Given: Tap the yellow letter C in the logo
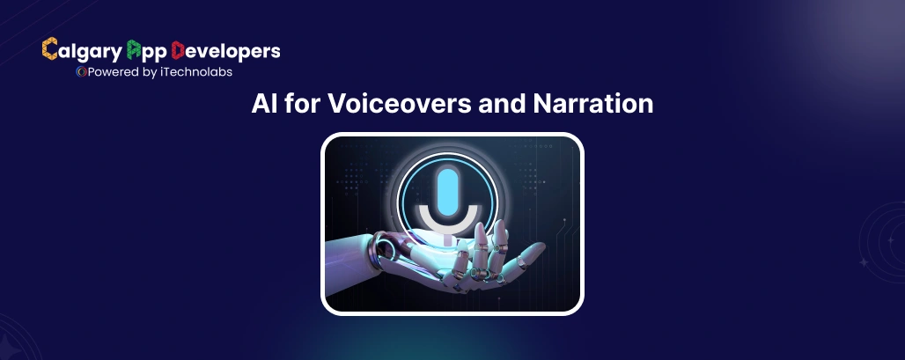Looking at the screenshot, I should coord(50,50).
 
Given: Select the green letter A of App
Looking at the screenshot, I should coord(135,49).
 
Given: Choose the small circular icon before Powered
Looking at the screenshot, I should coord(80,72).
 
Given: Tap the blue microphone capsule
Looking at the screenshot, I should coord(449,188).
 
